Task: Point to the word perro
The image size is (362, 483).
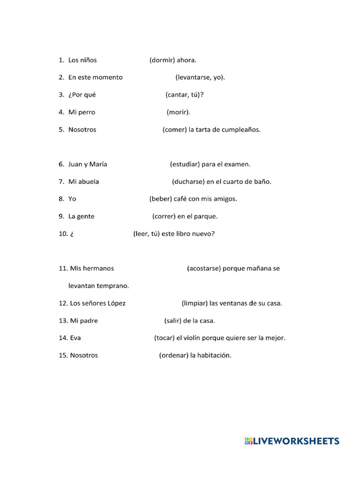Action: [86, 112]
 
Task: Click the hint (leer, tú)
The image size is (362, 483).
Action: [146, 233]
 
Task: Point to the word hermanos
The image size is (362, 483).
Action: [98, 268]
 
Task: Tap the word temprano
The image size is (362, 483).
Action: [113, 286]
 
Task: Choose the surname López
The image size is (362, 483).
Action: [116, 303]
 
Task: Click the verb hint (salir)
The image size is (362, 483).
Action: [173, 321]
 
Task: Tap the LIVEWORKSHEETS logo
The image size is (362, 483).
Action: [292, 441]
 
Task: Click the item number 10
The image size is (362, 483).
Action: [63, 234]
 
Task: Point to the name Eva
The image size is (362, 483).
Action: [75, 338]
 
